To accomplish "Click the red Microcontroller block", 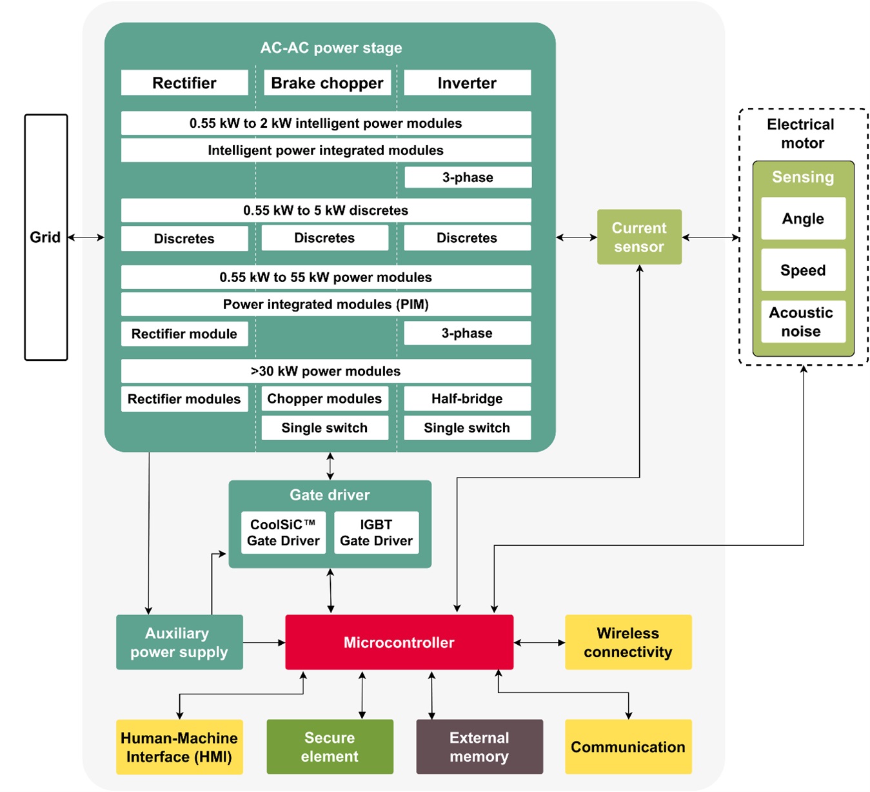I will (399, 642).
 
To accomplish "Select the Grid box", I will (46, 237).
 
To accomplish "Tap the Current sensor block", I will (639, 237).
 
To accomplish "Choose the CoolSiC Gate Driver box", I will (283, 533).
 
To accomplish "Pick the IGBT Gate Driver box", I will (376, 533).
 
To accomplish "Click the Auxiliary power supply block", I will (179, 642).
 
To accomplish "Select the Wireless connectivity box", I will (628, 642).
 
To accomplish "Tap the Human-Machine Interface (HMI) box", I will (179, 747).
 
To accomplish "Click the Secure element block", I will (330, 747).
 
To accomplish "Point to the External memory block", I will (479, 747).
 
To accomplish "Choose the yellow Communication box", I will (628, 747).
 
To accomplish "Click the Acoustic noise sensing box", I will (802, 321).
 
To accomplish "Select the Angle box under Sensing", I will (802, 219).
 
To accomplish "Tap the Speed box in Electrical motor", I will (802, 270).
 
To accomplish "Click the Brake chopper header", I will (327, 83).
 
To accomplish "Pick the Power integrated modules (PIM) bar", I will (326, 304).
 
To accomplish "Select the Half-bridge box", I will (467, 398).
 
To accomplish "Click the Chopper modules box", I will (324, 398).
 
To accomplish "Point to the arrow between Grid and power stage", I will (86, 238).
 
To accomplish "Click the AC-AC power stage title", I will (331, 48).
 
